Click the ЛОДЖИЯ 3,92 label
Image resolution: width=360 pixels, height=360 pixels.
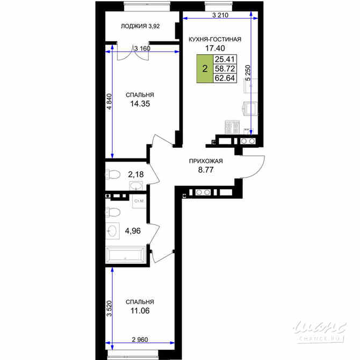tap(140, 26)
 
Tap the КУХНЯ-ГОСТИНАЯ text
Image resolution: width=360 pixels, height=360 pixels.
tap(215, 39)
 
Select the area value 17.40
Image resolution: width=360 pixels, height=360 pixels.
tap(215, 48)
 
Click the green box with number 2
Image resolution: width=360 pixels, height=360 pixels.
tap(205, 69)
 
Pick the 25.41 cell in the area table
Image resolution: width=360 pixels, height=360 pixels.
tap(225, 59)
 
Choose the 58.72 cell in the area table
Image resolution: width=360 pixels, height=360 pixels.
tap(225, 69)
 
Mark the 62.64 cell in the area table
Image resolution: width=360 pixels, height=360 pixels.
tap(225, 78)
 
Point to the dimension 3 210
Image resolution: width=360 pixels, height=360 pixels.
tap(220, 15)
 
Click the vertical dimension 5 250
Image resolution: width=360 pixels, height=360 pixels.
tap(248, 73)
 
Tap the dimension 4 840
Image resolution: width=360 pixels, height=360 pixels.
tap(109, 102)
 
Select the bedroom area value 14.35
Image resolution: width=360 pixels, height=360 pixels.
tap(140, 104)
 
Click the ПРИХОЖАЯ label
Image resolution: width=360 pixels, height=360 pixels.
tap(206, 161)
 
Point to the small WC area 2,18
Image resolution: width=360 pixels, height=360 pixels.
tap(136, 175)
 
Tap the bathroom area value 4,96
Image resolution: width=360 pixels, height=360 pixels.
tap(133, 231)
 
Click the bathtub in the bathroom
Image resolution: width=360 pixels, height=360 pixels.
tap(126, 255)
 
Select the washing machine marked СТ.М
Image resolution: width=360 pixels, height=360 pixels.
tap(139, 201)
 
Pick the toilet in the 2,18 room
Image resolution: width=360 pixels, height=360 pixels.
tap(113, 174)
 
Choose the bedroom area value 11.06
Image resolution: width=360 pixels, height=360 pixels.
tap(140, 311)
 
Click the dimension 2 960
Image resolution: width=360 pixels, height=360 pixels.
tap(140, 340)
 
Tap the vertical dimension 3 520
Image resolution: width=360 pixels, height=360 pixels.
tap(109, 308)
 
